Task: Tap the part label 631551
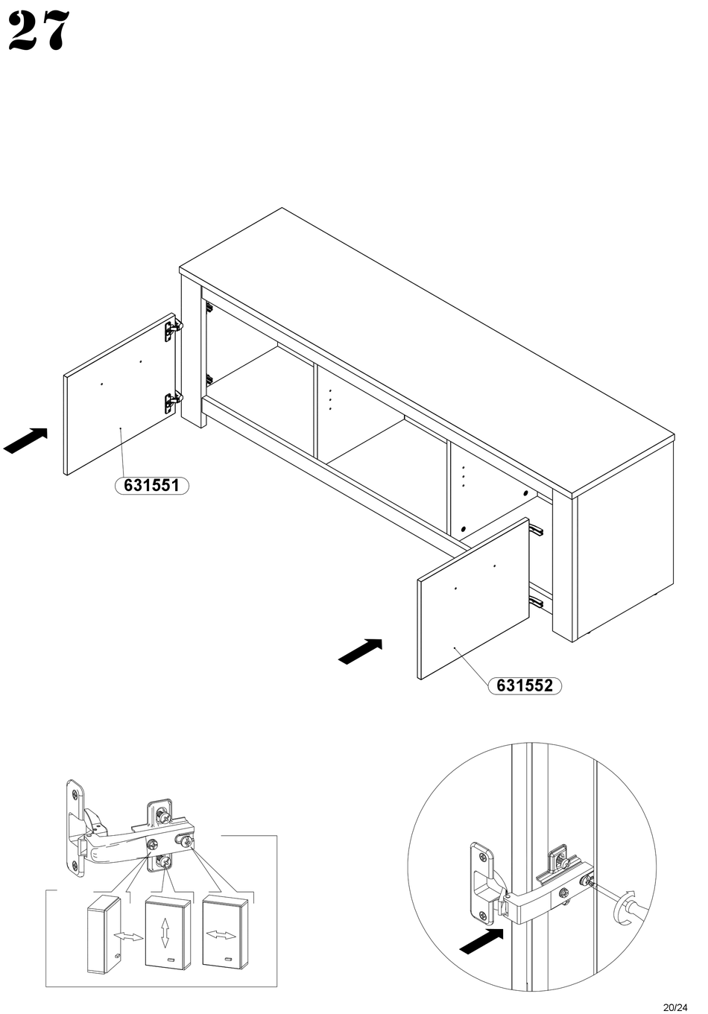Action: [x=151, y=486]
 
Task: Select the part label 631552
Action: [x=525, y=685]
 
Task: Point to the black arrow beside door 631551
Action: [x=25, y=440]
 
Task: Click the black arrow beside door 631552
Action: [x=361, y=651]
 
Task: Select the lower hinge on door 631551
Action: [x=173, y=402]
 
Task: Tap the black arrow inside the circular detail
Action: [x=481, y=941]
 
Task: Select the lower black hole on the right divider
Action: [x=463, y=529]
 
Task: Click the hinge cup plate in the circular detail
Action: [x=482, y=880]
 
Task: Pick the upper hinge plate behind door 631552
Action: [x=536, y=530]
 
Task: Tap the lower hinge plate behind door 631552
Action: [x=536, y=601]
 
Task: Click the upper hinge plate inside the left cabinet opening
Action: [x=209, y=308]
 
